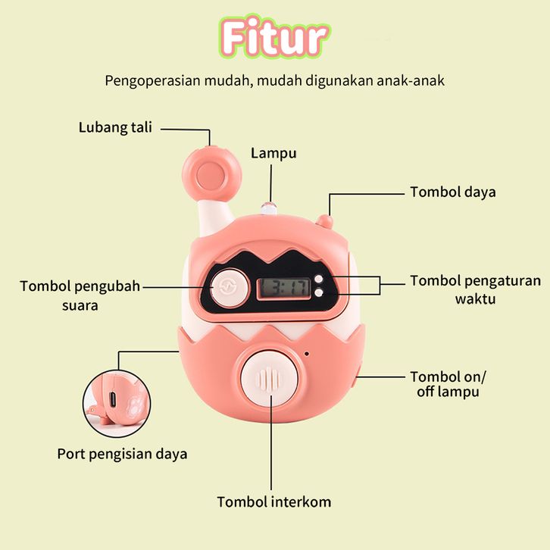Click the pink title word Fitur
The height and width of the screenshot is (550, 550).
pos(275,39)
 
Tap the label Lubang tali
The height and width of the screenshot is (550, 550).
pos(115,127)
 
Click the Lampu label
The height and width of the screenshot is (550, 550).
pos(273,153)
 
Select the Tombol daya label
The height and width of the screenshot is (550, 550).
pos(453,192)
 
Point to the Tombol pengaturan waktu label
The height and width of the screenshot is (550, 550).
pos(475,289)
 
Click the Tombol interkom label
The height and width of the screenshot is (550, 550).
pos(274,502)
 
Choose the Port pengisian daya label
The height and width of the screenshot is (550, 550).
pos(122,455)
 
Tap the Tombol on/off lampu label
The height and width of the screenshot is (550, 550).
pos(448,384)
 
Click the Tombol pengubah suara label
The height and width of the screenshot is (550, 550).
pos(80,295)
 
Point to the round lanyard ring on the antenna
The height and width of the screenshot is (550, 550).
pos(205,173)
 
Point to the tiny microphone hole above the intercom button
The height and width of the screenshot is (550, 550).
pos(307,353)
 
